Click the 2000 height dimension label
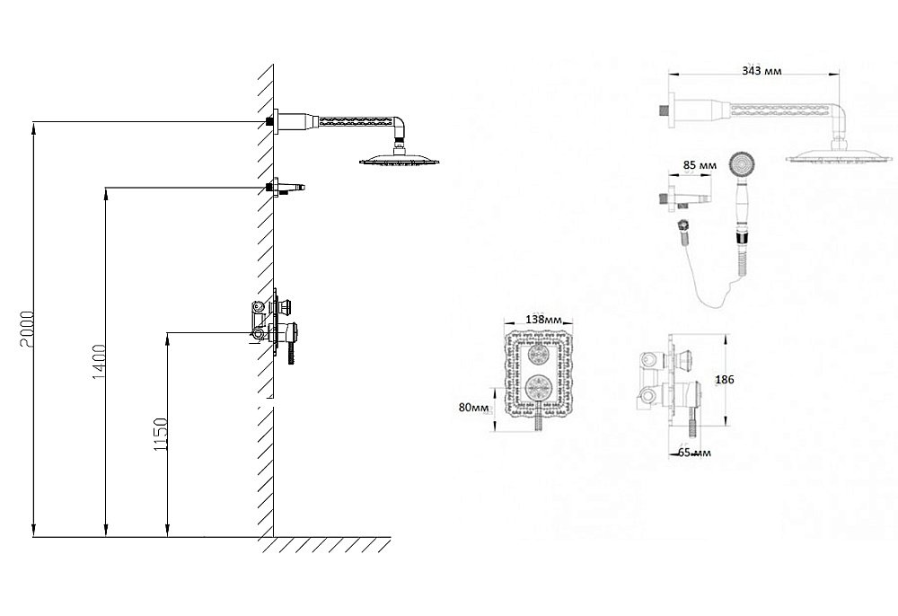26,330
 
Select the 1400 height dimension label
98,362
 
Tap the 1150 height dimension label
161,435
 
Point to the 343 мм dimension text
762,71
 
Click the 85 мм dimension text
700,165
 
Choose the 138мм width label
543,320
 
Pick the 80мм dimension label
473,407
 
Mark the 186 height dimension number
725,379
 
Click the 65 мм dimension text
695,453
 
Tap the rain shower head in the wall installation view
400,159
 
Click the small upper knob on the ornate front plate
539,355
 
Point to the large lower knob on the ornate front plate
539,391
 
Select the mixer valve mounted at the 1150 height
275,326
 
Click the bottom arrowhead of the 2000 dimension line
34,532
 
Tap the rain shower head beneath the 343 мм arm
839,155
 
